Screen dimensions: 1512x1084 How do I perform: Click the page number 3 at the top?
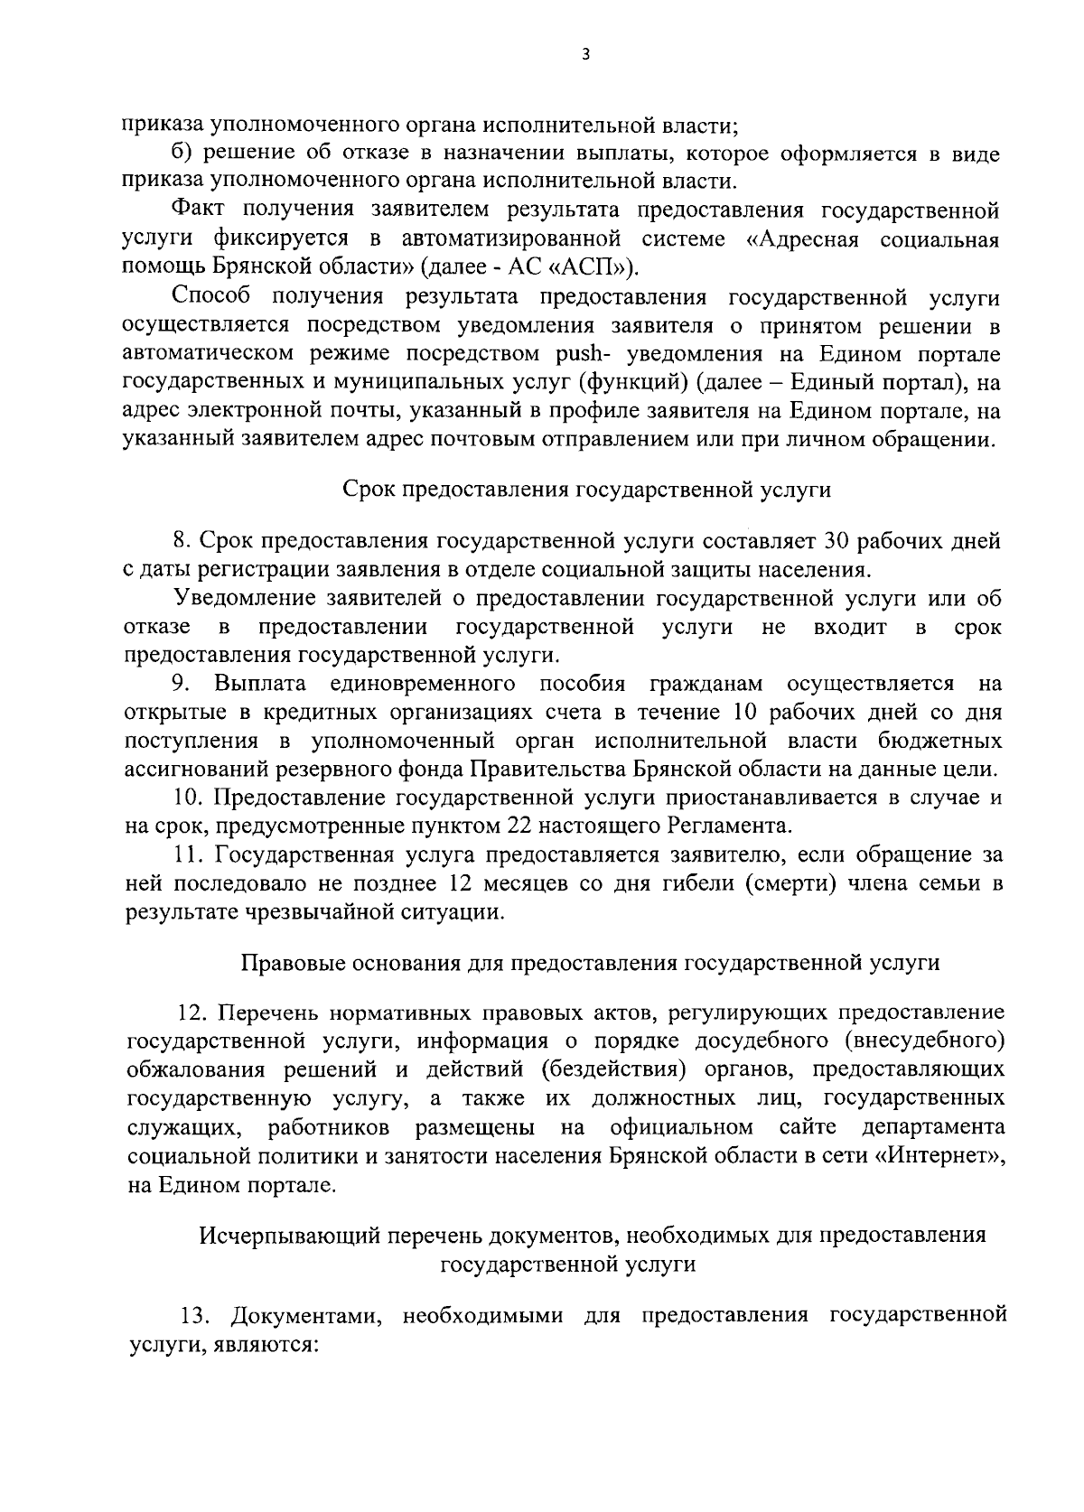[x=584, y=55]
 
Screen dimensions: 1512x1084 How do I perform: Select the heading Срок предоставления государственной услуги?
[x=587, y=490]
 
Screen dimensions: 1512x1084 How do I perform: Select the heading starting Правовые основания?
[x=591, y=963]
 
